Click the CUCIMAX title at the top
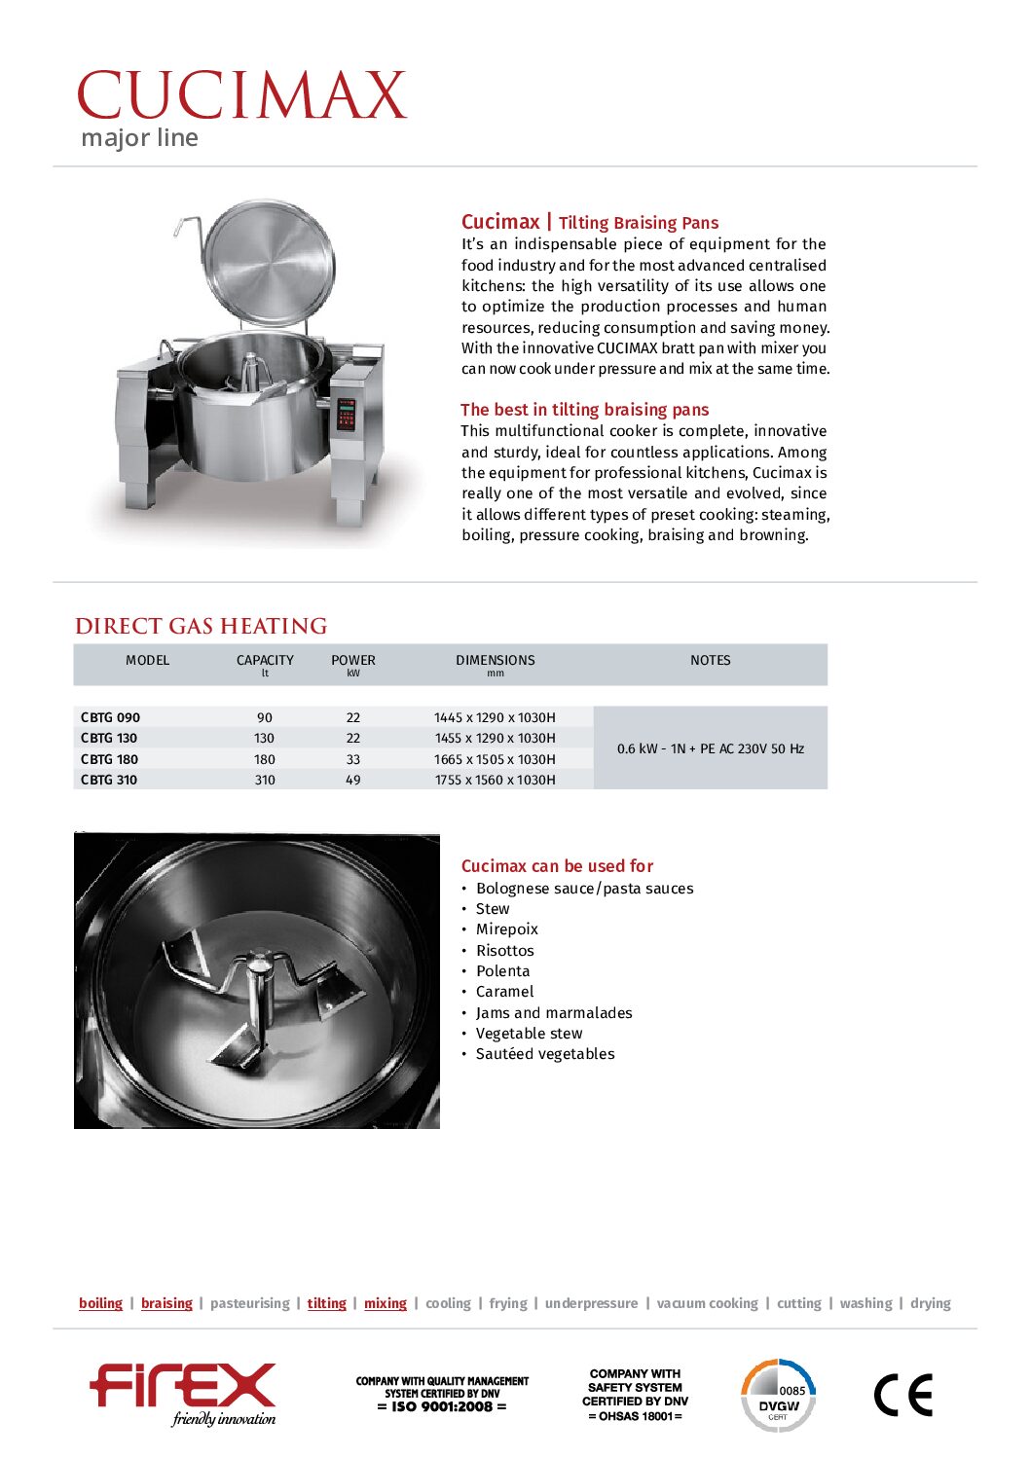pos(240,95)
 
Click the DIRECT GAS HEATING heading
pos(201,626)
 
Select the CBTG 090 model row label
pos(110,717)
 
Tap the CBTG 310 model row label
pos(109,780)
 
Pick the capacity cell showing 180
pos(265,759)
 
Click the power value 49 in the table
pos(352,780)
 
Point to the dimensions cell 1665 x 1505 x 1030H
pos(495,759)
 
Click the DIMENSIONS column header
pos(495,660)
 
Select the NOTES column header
pos(710,660)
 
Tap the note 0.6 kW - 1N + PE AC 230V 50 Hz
pos(710,748)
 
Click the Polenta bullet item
pos(502,971)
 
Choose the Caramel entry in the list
pos(504,992)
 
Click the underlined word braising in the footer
pos(166,1303)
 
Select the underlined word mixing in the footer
pos(385,1303)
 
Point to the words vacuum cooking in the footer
pos(707,1303)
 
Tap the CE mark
pos(902,1396)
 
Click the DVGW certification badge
pos(778,1396)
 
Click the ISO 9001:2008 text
pos(442,1406)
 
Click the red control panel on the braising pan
pos(346,413)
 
